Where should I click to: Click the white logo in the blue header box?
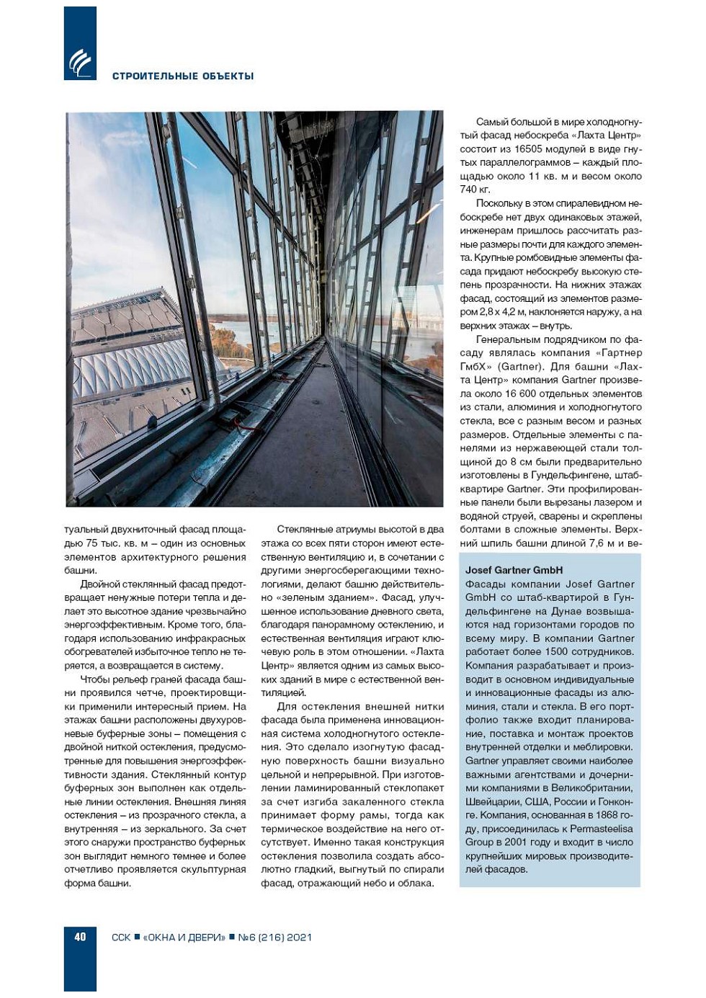coord(80,63)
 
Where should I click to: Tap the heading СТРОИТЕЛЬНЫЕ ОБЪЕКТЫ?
coord(183,76)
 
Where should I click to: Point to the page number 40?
coord(80,937)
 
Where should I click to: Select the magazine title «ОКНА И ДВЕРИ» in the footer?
coord(184,937)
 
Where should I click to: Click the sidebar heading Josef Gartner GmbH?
coord(514,570)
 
